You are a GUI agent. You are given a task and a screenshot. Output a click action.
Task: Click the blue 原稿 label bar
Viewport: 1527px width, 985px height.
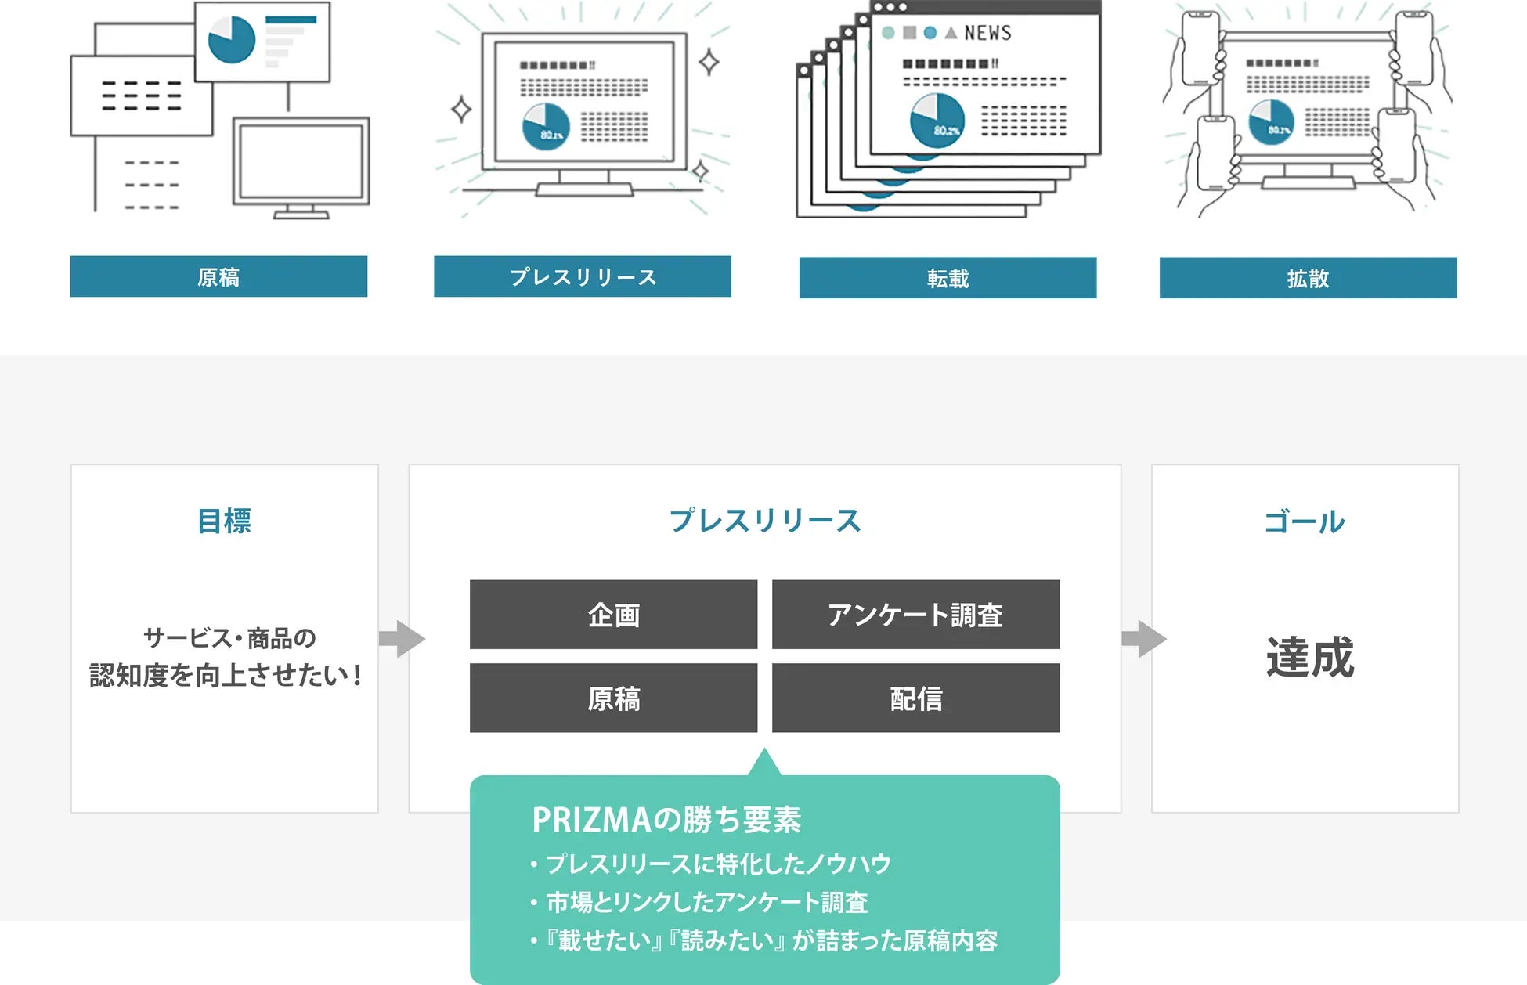(218, 276)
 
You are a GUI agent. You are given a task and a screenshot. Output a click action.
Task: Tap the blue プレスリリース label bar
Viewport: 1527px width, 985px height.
(583, 276)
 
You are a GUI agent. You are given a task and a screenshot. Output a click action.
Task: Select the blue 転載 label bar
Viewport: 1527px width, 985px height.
(948, 278)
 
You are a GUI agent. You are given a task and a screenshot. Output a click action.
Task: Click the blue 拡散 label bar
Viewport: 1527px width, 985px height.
(1308, 278)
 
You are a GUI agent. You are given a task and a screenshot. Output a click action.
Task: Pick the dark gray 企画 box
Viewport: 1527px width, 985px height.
(613, 615)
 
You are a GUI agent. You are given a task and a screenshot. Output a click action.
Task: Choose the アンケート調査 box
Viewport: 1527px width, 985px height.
(915, 615)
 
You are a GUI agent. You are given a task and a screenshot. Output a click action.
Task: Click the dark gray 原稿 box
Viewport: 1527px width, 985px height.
(613, 698)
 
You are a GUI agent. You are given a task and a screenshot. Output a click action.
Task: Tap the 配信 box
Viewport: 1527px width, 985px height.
(915, 698)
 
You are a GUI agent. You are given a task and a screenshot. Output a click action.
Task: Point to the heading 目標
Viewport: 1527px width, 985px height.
(224, 521)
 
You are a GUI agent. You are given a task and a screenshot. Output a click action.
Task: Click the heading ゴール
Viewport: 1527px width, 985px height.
(1305, 522)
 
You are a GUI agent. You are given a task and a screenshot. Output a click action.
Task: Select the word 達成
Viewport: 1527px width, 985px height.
(1309, 657)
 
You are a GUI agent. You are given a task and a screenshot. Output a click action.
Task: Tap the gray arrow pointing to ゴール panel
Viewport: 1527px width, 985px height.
(1144, 639)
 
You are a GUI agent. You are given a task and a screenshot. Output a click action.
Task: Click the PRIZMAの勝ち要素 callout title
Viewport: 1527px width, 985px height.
(666, 820)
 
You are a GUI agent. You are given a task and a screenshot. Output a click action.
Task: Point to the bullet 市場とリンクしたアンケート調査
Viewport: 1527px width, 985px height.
(706, 902)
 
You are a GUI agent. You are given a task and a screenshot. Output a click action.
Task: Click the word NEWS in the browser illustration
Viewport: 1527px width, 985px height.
(987, 33)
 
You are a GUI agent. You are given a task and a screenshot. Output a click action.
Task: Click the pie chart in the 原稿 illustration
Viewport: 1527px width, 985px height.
(232, 39)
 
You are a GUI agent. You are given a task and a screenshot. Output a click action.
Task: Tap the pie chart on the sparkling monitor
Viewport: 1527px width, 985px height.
(546, 127)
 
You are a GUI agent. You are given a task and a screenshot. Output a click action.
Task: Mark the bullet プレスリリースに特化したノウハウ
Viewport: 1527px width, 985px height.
(718, 864)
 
